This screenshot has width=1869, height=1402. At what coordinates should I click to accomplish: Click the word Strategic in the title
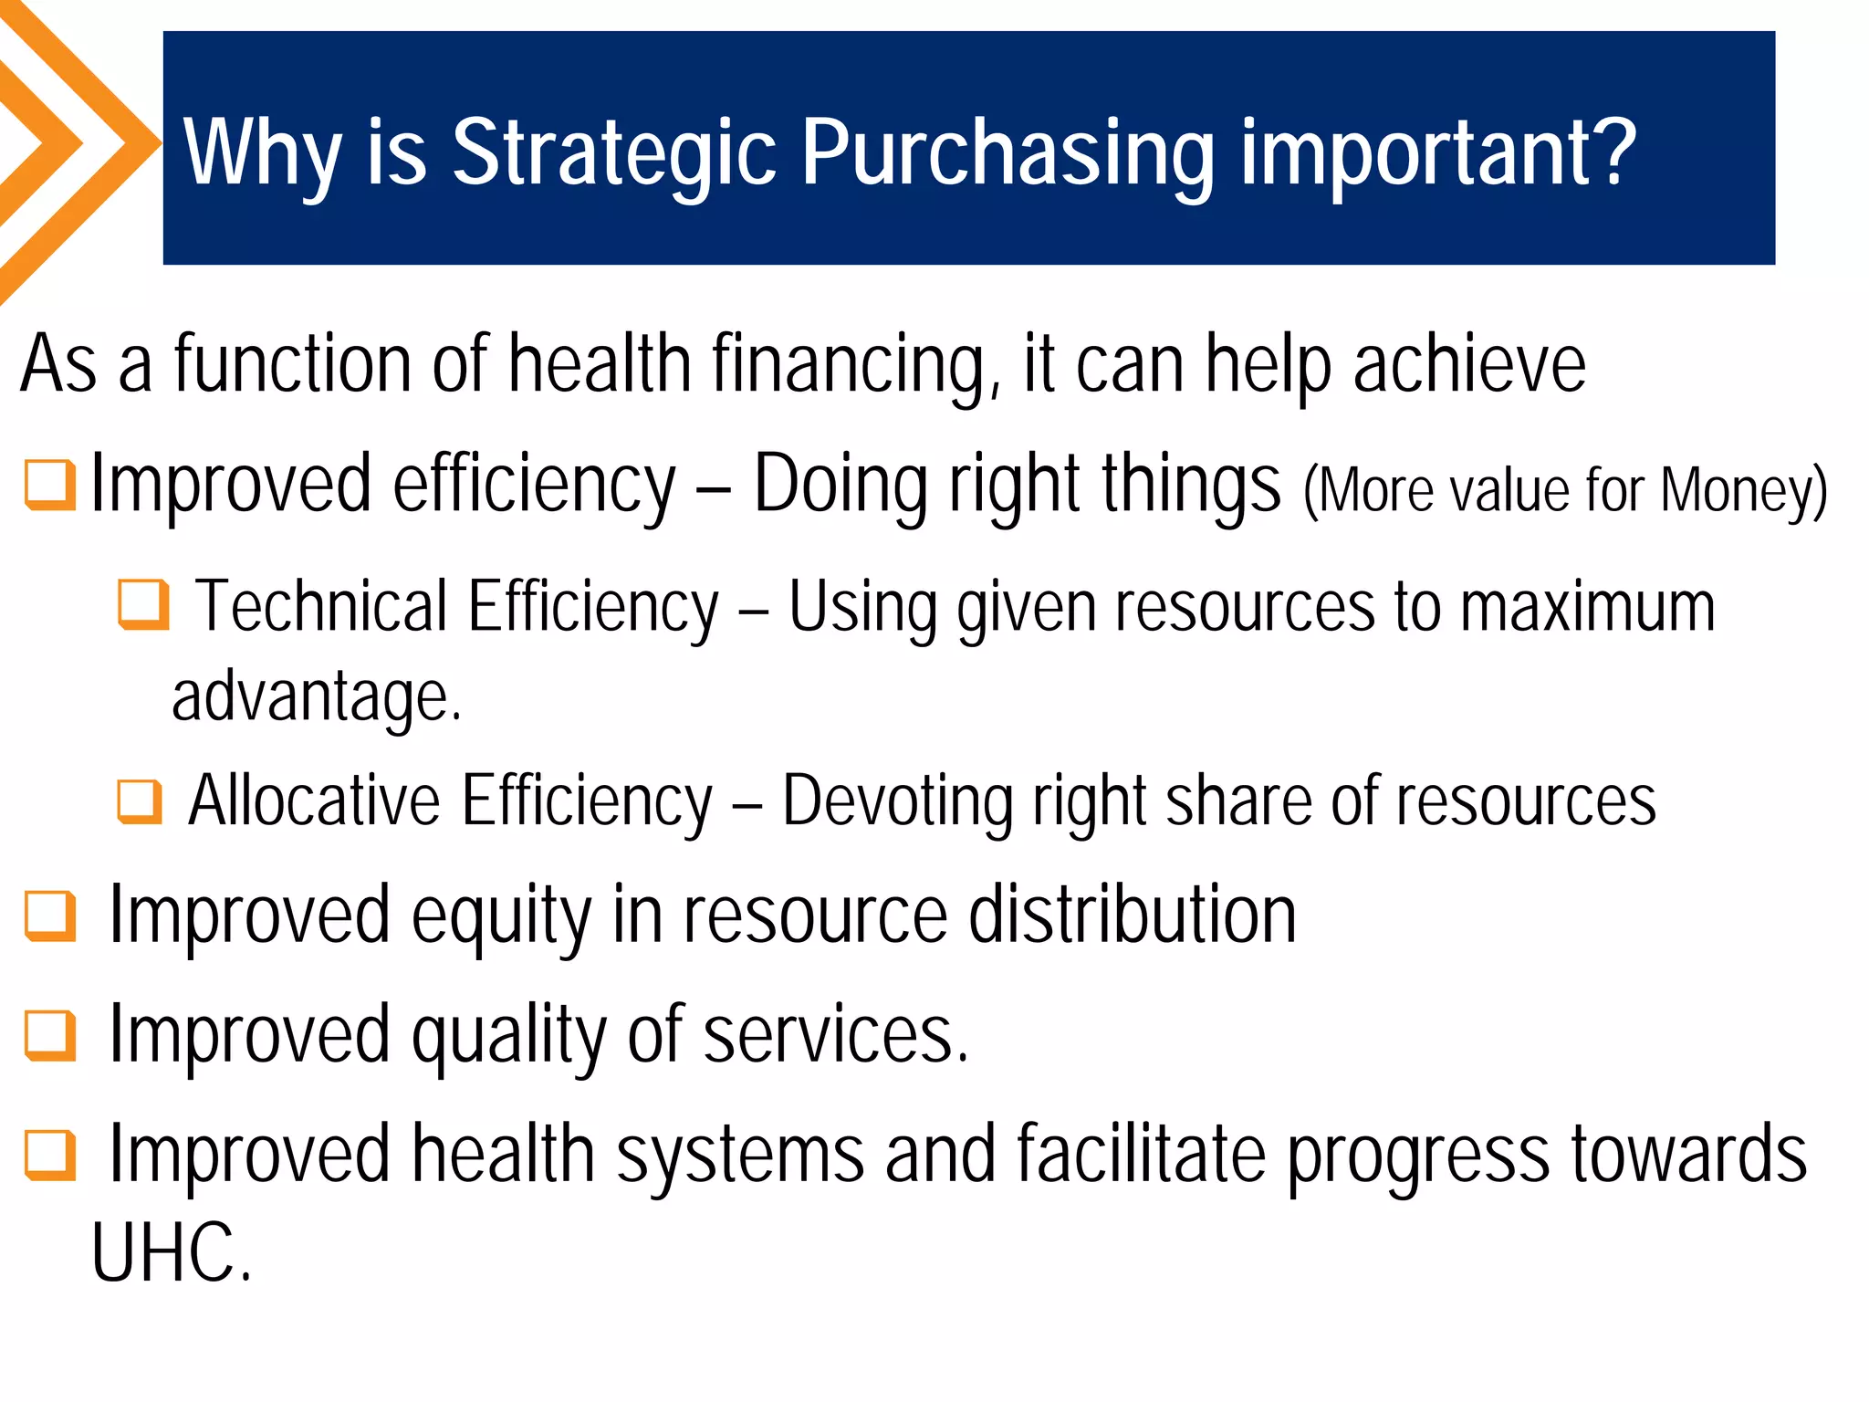click(613, 153)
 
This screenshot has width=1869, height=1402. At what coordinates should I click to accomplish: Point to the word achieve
click(1469, 366)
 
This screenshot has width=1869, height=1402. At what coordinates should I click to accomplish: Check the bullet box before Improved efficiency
click(49, 485)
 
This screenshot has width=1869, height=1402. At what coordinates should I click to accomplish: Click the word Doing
click(841, 485)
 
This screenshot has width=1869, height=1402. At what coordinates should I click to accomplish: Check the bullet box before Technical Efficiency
click(143, 605)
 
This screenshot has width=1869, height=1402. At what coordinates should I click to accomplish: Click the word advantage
click(316, 696)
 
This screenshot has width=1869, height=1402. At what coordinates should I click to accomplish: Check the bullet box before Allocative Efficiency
click(140, 801)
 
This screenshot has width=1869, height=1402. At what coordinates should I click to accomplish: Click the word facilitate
click(1141, 1154)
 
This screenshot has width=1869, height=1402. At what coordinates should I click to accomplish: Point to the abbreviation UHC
click(170, 1253)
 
